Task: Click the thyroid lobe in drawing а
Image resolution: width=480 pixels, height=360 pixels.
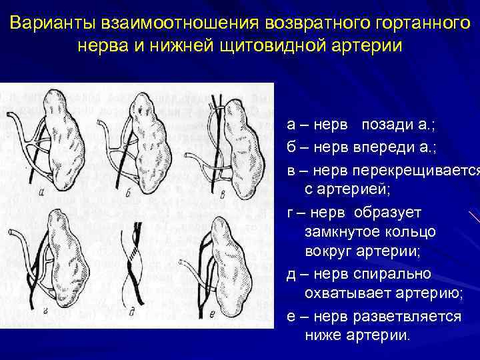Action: (x=63, y=133)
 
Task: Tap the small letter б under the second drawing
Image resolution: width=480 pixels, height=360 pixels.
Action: (x=127, y=194)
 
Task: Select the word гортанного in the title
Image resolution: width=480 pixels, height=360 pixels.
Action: (x=413, y=24)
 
